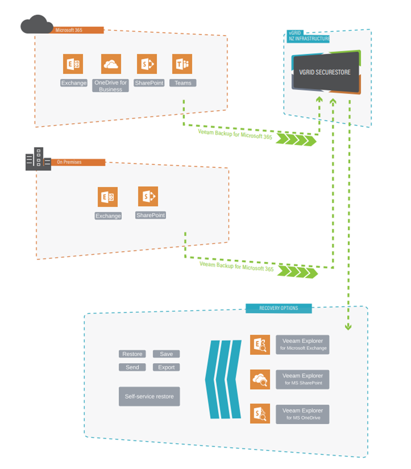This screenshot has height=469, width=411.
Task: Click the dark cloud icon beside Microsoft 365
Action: click(x=37, y=25)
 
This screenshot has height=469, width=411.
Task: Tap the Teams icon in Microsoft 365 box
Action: click(x=182, y=64)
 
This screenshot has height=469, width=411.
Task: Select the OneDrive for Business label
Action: click(x=110, y=86)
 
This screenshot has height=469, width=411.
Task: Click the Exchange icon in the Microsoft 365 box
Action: click(x=73, y=64)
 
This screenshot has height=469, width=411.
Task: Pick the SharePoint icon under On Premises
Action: click(x=148, y=196)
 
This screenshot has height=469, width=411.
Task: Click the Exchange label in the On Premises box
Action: click(x=108, y=216)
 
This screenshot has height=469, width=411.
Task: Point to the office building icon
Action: click(x=38, y=159)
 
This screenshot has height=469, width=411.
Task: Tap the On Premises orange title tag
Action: click(x=78, y=162)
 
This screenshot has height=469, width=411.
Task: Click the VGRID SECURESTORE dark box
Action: click(x=326, y=72)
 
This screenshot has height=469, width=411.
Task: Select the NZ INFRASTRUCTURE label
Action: click(x=309, y=39)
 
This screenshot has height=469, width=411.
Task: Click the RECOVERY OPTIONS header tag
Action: click(x=278, y=308)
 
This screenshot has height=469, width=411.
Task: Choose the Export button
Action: click(x=166, y=367)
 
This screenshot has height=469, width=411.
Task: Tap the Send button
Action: click(x=132, y=367)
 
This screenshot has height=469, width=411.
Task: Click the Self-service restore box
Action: click(x=149, y=396)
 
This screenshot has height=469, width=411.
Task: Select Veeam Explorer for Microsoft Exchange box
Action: click(x=302, y=344)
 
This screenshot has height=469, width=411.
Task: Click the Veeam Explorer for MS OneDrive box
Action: click(x=302, y=414)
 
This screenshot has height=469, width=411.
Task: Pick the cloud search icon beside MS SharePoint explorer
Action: click(x=260, y=379)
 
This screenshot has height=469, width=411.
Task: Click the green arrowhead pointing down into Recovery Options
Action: click(x=348, y=327)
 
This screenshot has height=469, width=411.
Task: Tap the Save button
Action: click(x=166, y=354)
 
